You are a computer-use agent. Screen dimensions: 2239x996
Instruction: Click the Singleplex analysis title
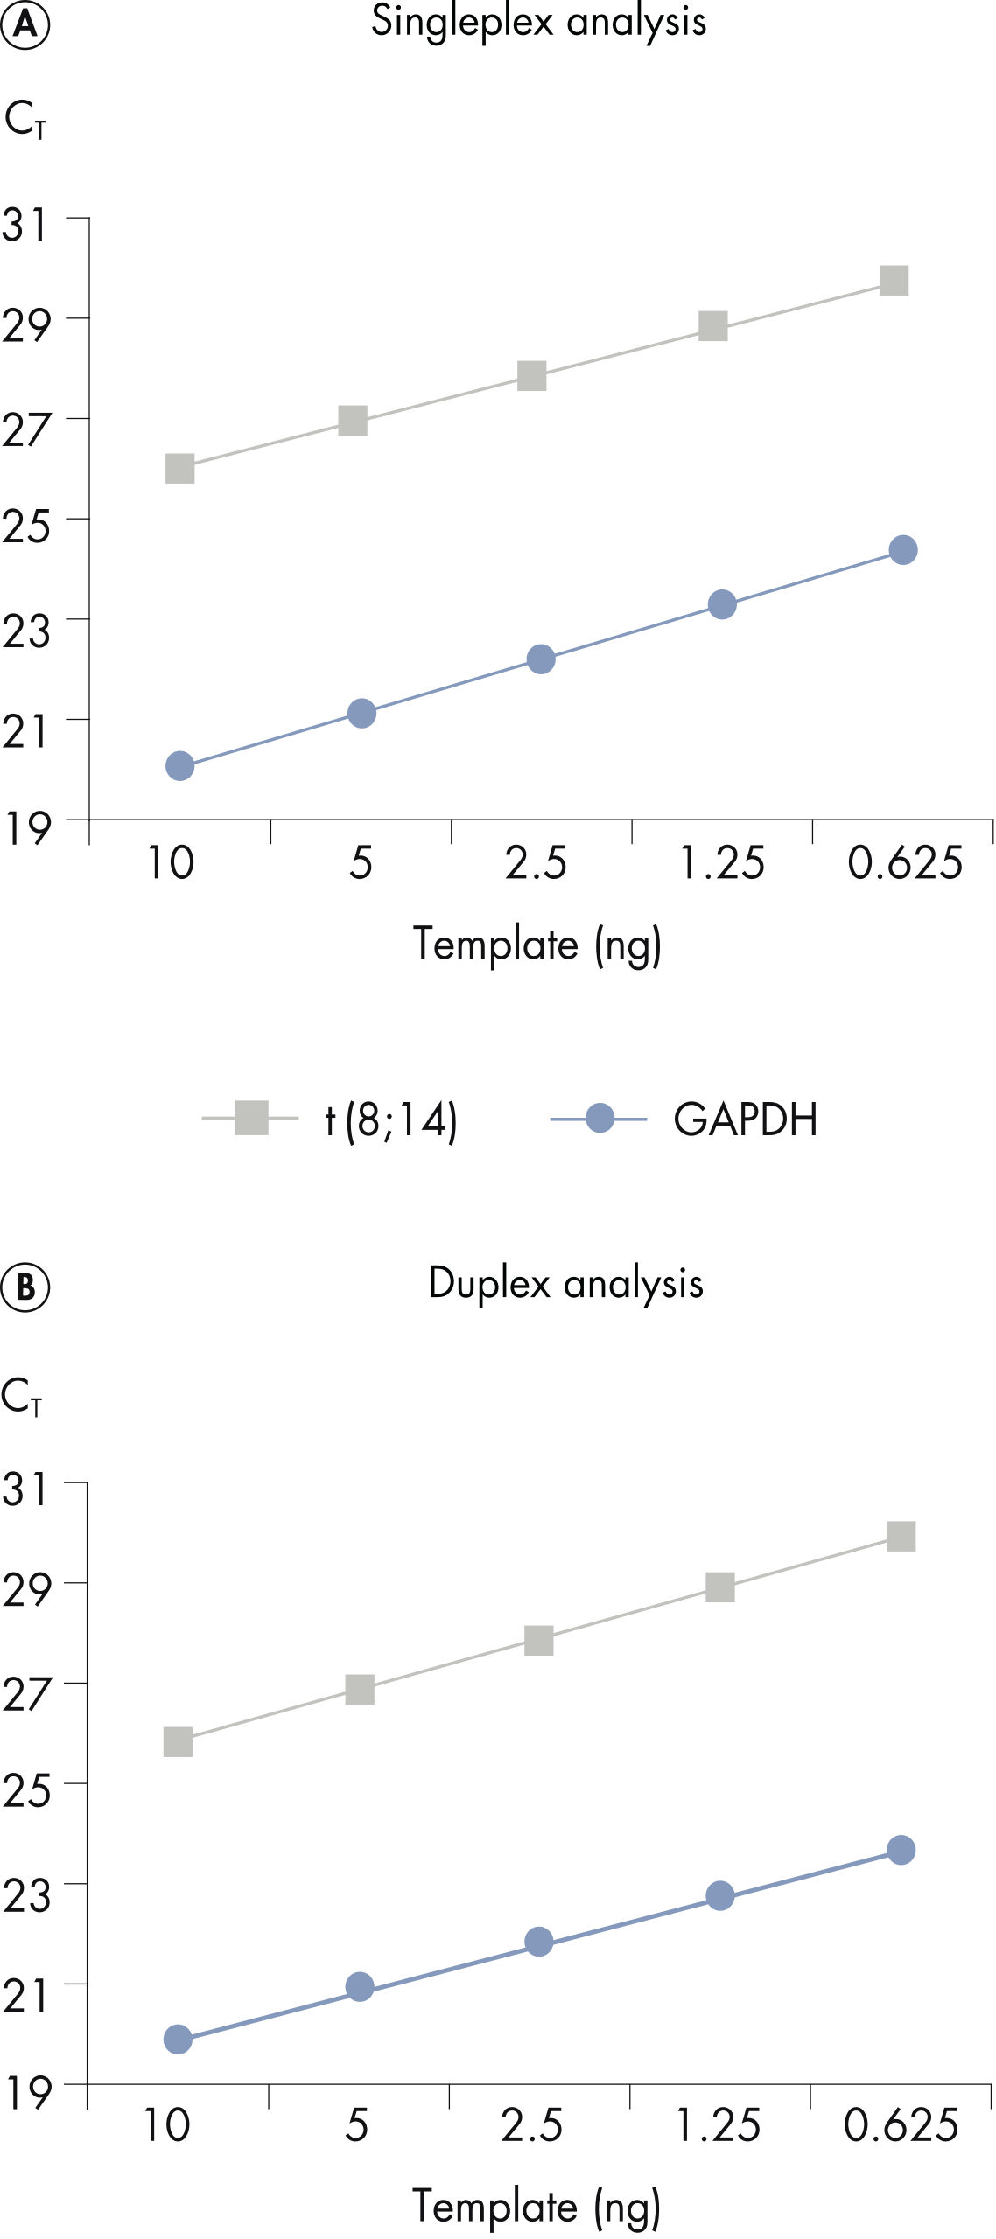coord(538,21)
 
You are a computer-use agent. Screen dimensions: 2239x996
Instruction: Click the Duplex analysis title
coord(565,1284)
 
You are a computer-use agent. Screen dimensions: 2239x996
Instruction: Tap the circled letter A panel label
coord(25,25)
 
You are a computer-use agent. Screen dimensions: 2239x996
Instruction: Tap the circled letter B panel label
coord(25,1287)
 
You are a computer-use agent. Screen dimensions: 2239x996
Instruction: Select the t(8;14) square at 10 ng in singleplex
coord(179,469)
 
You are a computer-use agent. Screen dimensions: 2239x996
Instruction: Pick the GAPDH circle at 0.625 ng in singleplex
coord(902,550)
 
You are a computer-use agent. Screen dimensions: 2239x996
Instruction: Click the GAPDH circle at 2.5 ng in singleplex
coord(541,659)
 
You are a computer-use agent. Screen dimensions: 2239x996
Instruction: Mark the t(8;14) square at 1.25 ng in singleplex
coord(713,327)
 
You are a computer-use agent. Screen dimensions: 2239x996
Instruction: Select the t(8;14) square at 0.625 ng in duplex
coord(901,1537)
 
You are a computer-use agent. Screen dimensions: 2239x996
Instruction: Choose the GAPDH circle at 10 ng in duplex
coord(178,2040)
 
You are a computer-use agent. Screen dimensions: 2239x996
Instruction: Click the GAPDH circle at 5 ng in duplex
coord(359,1987)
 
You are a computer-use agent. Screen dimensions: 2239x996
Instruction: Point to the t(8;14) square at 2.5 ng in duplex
coord(538,1641)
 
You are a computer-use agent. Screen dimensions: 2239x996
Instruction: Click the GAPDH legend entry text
coord(745,1119)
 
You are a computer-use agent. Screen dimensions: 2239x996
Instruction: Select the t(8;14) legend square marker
coord(252,1119)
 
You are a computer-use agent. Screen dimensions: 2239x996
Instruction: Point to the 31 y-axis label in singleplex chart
coord(25,225)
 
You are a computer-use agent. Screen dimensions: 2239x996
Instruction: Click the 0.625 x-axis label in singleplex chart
coord(904,863)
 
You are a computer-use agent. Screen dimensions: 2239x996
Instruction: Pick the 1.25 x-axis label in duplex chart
coord(718,2126)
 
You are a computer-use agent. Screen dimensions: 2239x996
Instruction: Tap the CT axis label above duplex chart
coord(21,1397)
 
